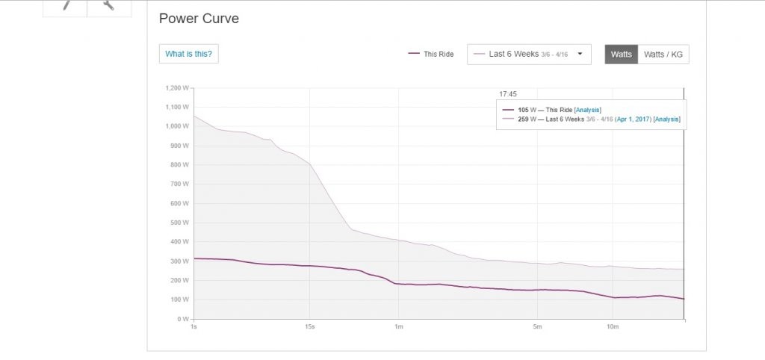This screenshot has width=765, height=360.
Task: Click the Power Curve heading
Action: [199, 19]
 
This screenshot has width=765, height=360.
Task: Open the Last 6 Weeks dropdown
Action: [529, 55]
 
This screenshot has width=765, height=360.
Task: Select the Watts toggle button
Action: [621, 55]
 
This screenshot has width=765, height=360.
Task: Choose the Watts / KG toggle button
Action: [663, 55]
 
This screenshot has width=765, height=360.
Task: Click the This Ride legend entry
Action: [431, 55]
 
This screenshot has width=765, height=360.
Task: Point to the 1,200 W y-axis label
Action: [178, 87]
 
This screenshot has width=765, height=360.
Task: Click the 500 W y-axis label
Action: [179, 223]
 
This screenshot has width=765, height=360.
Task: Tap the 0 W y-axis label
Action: [182, 319]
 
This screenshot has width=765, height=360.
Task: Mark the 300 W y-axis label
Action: [179, 261]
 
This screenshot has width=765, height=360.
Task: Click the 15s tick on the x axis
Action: [310, 326]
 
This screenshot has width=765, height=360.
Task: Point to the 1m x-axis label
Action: [398, 326]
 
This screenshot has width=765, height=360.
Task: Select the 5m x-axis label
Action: [537, 326]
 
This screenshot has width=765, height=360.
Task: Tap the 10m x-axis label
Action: [613, 326]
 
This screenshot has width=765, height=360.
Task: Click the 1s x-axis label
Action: [194, 326]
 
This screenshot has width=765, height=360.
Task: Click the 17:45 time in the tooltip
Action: [508, 94]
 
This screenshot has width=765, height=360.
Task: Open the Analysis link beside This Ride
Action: [587, 110]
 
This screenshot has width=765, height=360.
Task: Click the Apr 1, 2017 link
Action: [634, 120]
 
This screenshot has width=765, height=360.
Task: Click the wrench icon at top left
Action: [109, 5]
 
